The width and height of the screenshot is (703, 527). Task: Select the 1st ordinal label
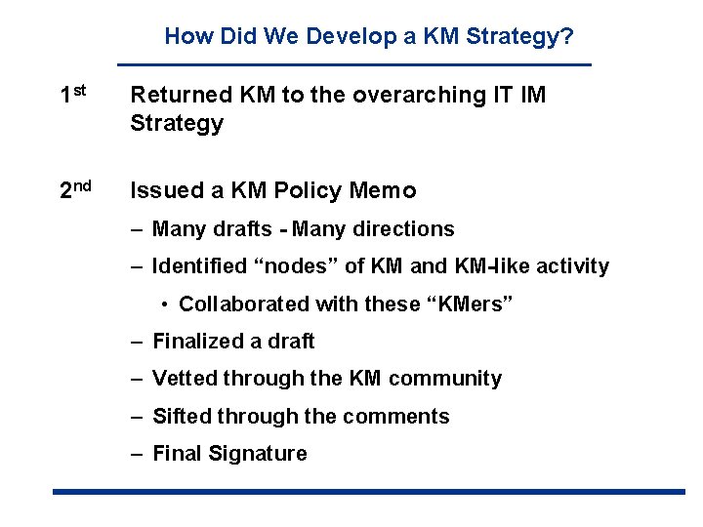(73, 95)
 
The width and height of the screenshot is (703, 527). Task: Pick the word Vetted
(185, 379)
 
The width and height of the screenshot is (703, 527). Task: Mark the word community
(445, 379)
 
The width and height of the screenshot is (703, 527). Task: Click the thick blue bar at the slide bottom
(369, 491)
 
